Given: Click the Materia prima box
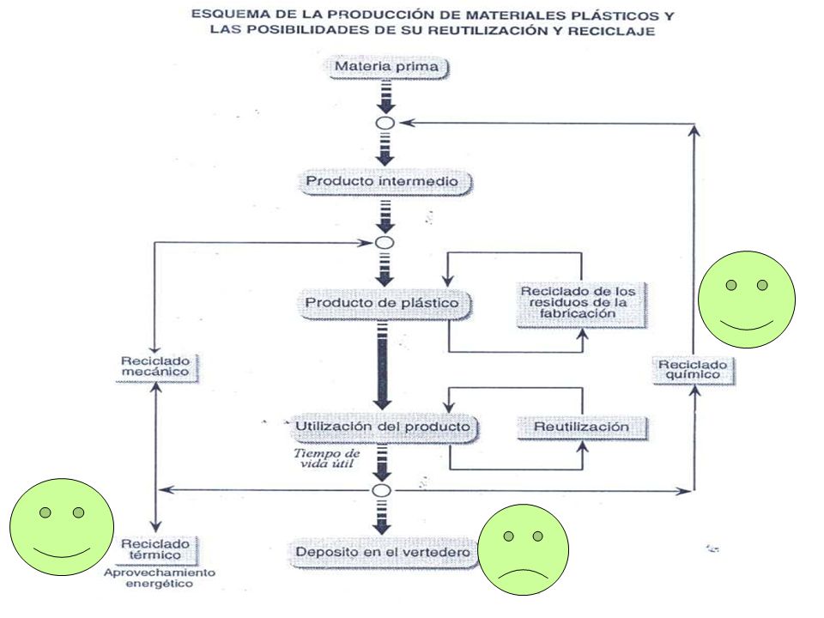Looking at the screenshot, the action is click(388, 67).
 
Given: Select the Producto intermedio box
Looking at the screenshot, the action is click(385, 182).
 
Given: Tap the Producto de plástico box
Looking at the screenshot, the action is click(385, 304).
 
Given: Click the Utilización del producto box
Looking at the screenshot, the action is click(383, 427).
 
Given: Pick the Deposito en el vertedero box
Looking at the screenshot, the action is click(383, 553).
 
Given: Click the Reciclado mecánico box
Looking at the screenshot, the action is click(156, 367).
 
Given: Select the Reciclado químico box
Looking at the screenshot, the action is click(694, 371).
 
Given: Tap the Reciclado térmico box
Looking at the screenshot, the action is click(156, 549).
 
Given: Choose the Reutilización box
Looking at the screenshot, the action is click(582, 427).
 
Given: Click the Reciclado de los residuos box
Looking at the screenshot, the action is click(581, 304).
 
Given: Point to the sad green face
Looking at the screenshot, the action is click(523, 549).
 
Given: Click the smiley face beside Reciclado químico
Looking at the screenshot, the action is click(747, 300).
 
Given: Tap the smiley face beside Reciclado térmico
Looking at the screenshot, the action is click(62, 526).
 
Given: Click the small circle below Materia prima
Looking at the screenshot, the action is click(385, 124).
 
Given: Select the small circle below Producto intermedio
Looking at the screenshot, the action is click(385, 243).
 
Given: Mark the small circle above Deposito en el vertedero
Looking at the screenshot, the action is click(381, 491).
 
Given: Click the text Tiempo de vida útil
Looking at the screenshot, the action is click(327, 458).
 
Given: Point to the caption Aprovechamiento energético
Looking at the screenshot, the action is click(160, 578).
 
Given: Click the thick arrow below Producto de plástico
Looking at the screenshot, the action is click(383, 366).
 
